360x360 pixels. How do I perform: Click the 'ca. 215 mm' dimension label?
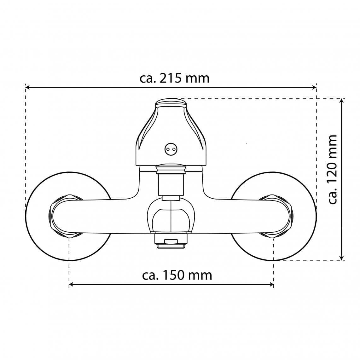(175, 78)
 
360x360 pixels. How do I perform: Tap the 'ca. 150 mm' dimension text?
(177, 275)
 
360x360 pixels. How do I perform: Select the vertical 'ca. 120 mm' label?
(332, 169)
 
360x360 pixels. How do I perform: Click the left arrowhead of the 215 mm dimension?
(27, 87)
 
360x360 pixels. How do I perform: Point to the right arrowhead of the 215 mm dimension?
(315, 87)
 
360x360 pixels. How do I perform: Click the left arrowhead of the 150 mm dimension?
(71, 285)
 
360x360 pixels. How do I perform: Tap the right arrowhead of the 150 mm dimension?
(272, 285)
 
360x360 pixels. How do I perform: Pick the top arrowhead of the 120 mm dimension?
(342, 100)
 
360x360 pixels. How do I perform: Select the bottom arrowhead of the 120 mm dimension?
(342, 258)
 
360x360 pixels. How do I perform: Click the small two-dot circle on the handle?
(171, 149)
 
